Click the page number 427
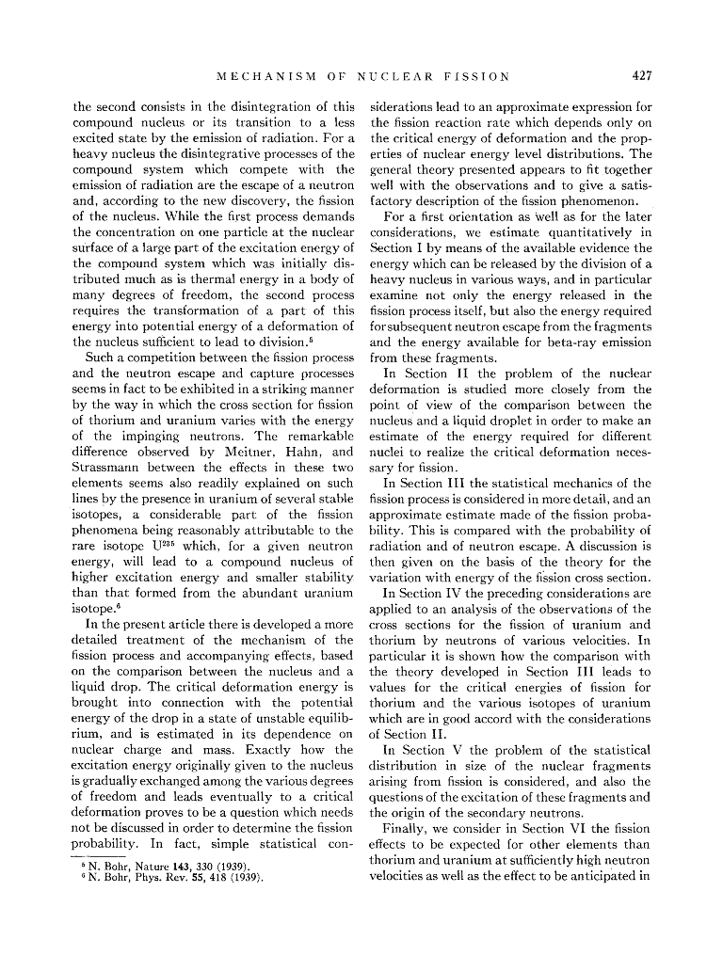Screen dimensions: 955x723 click(x=642, y=75)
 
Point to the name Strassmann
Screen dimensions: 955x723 click(x=107, y=469)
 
